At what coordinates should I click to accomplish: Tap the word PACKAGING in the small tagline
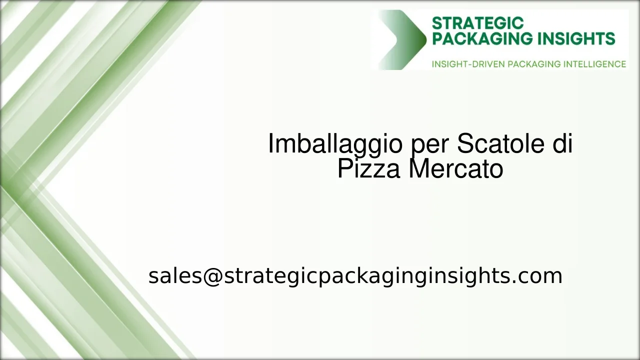pos(534,64)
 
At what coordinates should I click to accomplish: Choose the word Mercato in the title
pos(455,169)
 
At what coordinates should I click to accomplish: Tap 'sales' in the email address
pos(174,276)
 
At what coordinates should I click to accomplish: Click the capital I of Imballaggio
pos(271,144)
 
